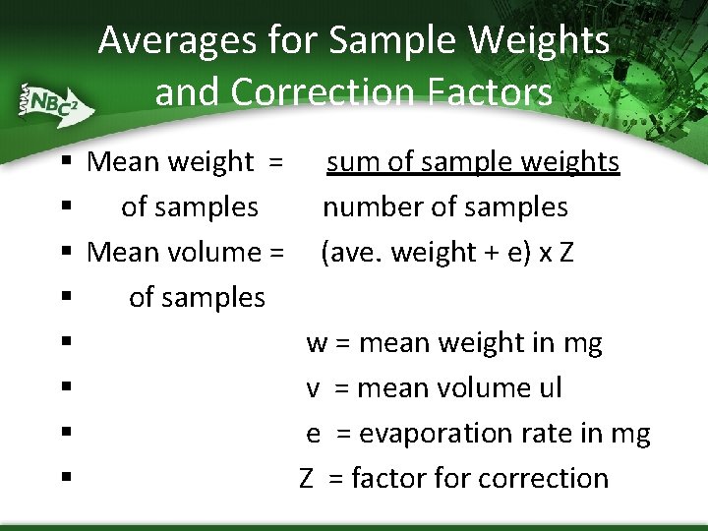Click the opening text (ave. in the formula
(353, 254)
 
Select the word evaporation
(442, 434)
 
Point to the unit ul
(549, 388)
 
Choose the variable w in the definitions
(317, 343)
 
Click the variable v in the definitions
(313, 388)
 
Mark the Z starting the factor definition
(307, 479)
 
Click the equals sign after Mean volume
(276, 253)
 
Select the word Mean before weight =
(121, 162)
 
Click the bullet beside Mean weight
(64, 162)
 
